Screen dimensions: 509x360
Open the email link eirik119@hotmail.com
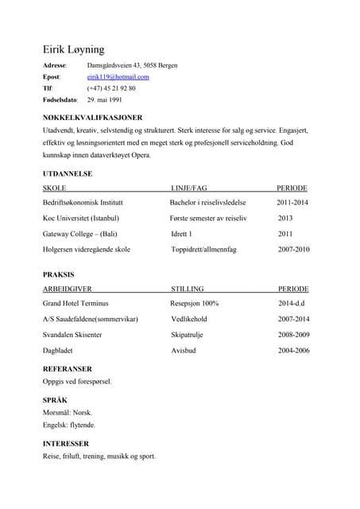(x=118, y=76)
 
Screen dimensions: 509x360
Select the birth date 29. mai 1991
(x=104, y=100)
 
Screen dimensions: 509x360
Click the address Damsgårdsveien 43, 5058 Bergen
(x=132, y=64)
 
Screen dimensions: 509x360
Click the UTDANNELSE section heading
(x=68, y=173)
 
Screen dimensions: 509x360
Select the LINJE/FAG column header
(x=188, y=188)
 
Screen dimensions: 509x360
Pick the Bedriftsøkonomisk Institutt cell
(x=83, y=203)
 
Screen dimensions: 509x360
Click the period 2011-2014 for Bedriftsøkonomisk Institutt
(x=292, y=203)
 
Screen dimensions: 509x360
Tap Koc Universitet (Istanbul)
(x=81, y=218)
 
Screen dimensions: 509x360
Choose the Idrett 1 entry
(x=182, y=234)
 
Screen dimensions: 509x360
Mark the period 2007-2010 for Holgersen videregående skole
(x=294, y=249)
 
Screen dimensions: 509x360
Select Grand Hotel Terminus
(x=75, y=304)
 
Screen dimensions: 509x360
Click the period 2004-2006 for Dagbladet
(x=294, y=350)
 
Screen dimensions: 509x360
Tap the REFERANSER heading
(x=67, y=369)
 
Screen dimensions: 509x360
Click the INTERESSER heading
(x=65, y=443)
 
